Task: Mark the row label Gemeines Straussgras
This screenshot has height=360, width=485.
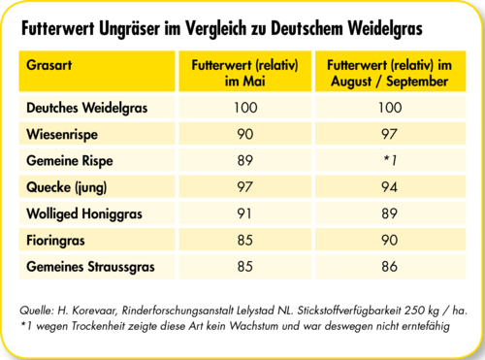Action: (x=87, y=264)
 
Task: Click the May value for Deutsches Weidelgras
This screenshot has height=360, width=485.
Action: (x=244, y=107)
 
